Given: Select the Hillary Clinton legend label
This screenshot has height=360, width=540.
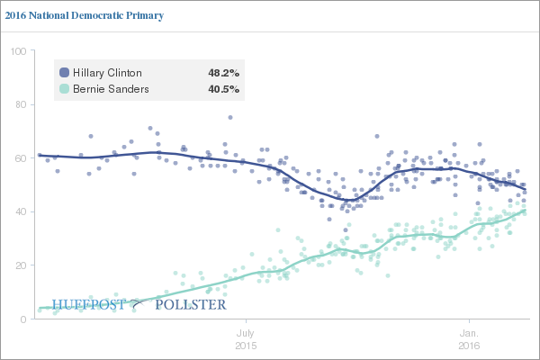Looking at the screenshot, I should click(106, 72).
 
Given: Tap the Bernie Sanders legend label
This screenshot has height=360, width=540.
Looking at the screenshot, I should click(110, 89).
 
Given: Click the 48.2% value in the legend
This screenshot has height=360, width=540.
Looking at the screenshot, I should click(223, 72).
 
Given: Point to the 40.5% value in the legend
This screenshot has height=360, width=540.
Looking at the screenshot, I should click(223, 89).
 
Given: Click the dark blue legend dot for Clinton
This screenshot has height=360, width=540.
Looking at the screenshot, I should click(64, 72).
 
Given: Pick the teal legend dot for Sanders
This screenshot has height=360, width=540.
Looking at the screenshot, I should click(64, 89).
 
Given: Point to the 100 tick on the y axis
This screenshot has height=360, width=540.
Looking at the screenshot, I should click(16, 51).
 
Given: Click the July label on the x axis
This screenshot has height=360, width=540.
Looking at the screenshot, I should click(246, 332).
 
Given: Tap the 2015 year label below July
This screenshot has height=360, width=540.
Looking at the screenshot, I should click(246, 345).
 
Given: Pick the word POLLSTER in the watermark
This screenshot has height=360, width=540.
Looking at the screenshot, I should click(191, 305).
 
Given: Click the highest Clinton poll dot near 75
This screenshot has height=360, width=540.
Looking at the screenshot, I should click(230, 117).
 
